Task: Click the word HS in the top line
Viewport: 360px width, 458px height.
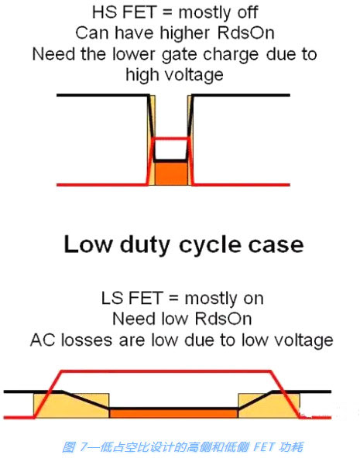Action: click(102, 12)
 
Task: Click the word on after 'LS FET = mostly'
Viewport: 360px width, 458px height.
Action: click(253, 299)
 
